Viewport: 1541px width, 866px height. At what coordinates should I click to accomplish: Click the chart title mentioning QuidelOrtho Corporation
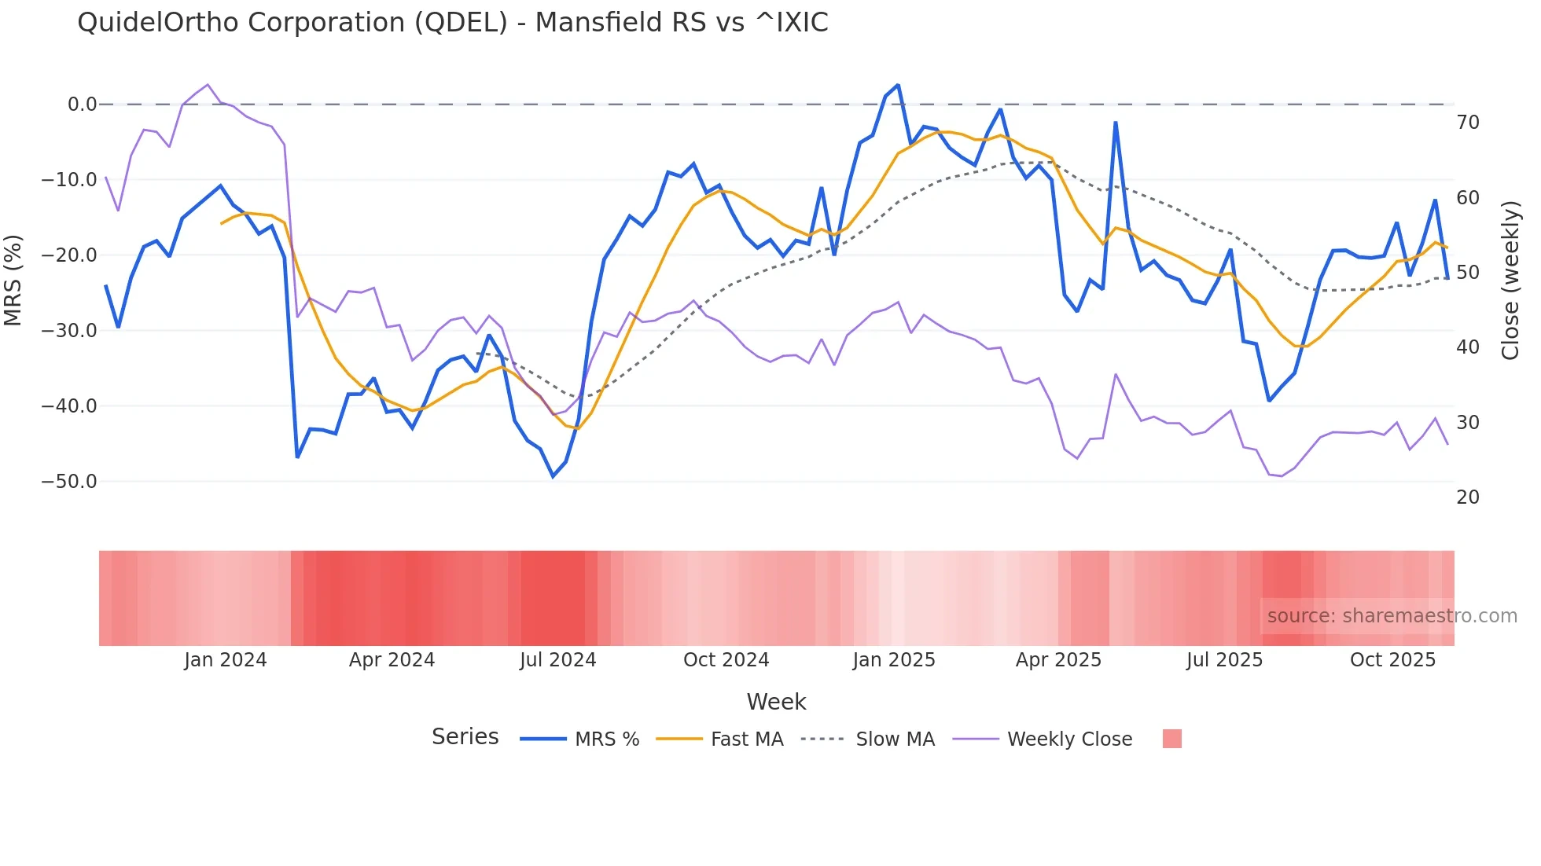point(452,23)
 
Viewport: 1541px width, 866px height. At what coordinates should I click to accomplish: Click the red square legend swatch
point(1171,739)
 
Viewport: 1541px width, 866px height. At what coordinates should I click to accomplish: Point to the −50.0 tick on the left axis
point(69,482)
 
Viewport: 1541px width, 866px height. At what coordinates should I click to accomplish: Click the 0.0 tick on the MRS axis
point(82,105)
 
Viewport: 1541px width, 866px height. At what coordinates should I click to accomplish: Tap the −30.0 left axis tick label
point(69,331)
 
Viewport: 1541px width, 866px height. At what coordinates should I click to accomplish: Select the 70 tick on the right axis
point(1467,123)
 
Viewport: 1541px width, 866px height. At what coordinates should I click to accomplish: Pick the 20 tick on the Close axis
point(1467,497)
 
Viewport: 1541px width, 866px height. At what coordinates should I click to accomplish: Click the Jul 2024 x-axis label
point(557,660)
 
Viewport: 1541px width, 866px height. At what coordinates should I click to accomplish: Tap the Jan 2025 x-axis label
point(894,660)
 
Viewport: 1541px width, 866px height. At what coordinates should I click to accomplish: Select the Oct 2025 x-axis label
point(1392,660)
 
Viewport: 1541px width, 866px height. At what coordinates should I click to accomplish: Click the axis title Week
point(776,702)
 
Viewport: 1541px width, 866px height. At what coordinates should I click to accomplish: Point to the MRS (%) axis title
point(13,280)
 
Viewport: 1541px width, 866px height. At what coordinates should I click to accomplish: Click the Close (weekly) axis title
point(1510,281)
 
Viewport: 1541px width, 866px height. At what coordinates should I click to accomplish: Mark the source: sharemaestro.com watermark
point(1392,616)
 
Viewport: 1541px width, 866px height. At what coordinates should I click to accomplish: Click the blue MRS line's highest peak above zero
point(898,85)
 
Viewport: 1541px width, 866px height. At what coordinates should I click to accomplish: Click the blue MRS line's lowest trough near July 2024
point(553,476)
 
